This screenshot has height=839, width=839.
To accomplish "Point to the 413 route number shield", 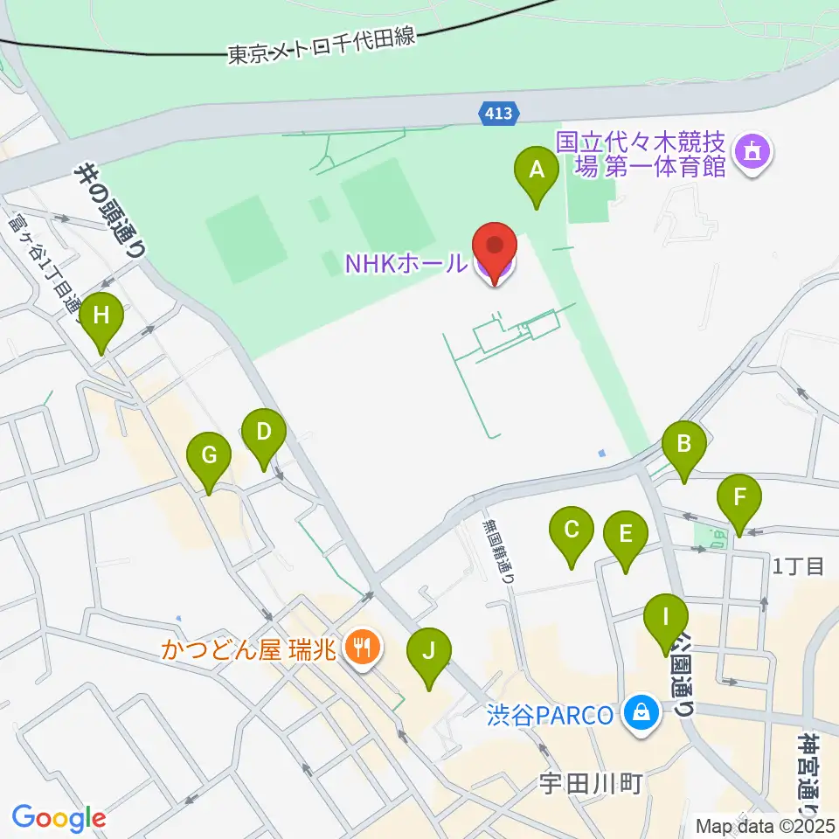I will click(500, 112).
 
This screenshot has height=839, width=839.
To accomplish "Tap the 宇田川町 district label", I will click(592, 782).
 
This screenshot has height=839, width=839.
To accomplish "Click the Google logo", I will click(59, 818).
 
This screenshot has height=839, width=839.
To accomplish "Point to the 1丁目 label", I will click(799, 566).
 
